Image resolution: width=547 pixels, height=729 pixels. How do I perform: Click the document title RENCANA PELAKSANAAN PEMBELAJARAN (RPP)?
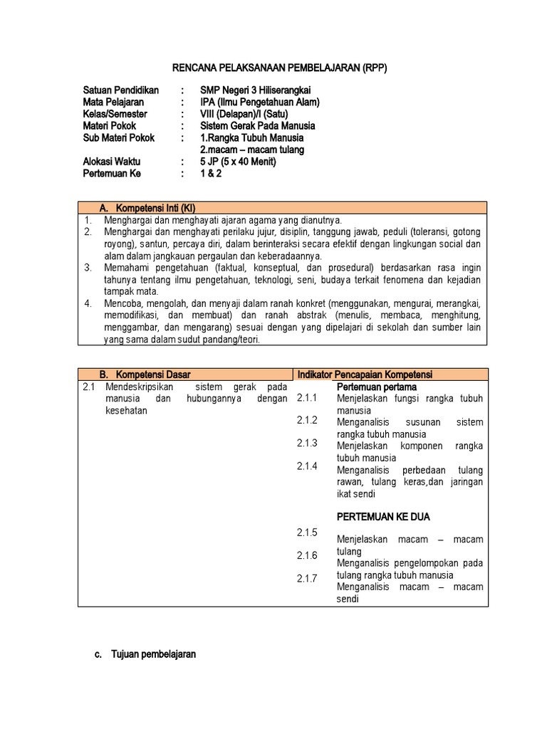(x=281, y=68)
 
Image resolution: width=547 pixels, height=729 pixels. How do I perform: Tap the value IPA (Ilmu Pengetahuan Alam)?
(x=260, y=102)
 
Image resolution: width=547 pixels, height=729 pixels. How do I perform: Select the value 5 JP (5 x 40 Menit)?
(x=238, y=162)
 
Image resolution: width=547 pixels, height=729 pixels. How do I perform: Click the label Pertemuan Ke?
(x=113, y=173)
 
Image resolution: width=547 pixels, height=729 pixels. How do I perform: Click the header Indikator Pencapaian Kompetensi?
(x=365, y=374)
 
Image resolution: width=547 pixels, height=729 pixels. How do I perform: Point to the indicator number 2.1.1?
(x=309, y=398)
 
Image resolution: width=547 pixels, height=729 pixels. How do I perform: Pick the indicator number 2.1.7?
(x=309, y=579)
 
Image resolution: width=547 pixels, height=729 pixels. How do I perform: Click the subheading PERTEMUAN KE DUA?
(x=383, y=516)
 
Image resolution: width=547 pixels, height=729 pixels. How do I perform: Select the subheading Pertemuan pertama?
(x=377, y=387)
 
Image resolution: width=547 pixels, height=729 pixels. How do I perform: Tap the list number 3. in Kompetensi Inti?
(x=88, y=268)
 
